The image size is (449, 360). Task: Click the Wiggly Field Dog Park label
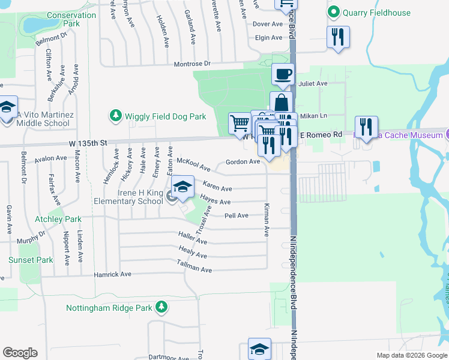click(x=165, y=116)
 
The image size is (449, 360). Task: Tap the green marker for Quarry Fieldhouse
click(x=333, y=11)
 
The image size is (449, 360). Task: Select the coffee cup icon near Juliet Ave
click(x=283, y=75)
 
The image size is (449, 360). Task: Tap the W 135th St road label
click(x=88, y=143)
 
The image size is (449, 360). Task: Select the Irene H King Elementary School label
click(x=128, y=197)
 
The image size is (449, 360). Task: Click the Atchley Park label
click(x=58, y=220)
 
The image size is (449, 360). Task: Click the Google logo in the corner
click(x=20, y=353)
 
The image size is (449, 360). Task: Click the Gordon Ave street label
click(x=243, y=162)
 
